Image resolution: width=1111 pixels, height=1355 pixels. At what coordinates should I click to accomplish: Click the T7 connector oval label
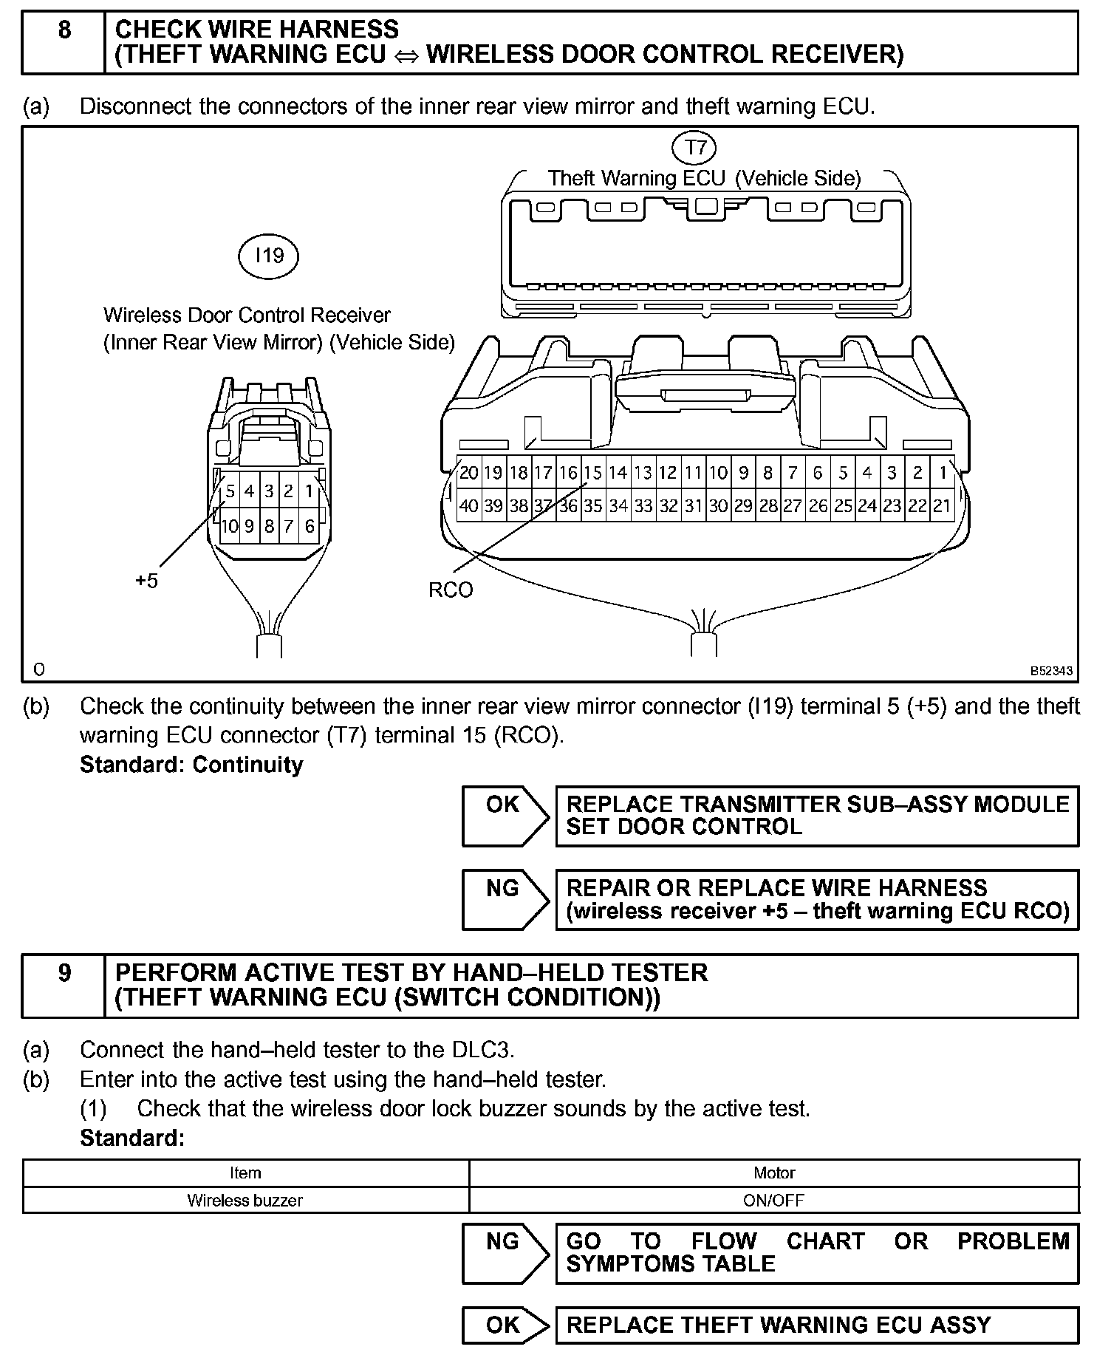(694, 148)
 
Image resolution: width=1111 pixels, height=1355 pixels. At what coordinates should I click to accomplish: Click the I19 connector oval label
(269, 256)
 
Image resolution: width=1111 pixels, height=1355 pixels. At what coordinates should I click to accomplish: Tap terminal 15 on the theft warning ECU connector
(592, 473)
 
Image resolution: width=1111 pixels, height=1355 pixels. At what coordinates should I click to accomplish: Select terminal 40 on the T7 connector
(468, 506)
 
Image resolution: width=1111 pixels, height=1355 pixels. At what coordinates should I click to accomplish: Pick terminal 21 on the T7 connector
(942, 506)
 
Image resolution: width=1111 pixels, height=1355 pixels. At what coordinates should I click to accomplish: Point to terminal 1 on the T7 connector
(943, 473)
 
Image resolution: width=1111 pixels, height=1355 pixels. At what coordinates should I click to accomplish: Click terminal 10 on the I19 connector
(230, 526)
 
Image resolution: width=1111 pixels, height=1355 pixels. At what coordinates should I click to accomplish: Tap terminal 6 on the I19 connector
(310, 526)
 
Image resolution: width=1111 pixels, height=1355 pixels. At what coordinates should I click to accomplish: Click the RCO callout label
(451, 590)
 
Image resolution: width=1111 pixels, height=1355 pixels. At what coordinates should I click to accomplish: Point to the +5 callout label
(146, 581)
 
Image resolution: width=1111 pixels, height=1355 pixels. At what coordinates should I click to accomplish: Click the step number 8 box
(64, 42)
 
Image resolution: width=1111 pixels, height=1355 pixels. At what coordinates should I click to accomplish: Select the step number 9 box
(64, 985)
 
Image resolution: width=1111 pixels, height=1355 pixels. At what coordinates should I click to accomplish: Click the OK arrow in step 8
(505, 816)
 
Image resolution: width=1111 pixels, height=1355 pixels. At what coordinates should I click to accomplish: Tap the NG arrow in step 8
(505, 899)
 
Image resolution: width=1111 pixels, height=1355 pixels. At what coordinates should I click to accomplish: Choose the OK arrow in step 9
(505, 1325)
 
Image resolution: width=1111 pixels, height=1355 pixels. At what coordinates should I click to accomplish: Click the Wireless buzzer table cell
(245, 1200)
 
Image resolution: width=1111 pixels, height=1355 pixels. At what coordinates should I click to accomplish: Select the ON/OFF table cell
(773, 1200)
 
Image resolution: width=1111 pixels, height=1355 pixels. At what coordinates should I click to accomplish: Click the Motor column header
(773, 1173)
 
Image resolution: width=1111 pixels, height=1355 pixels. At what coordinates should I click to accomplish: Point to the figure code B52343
(1052, 671)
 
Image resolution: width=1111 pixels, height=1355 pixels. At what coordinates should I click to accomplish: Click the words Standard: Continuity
(191, 765)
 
